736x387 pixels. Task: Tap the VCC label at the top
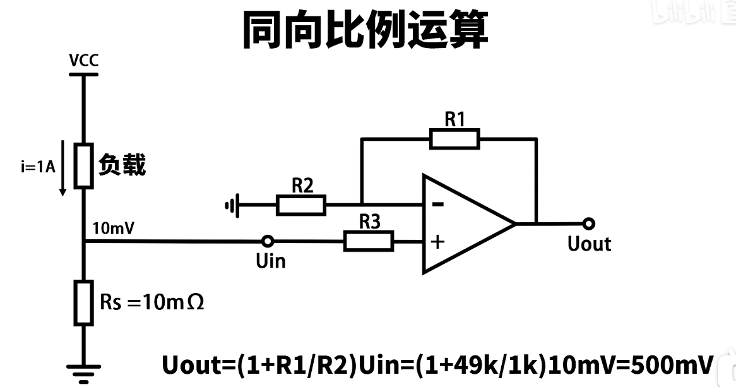(83, 61)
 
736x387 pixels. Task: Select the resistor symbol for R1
(454, 138)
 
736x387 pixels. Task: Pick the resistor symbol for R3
(368, 241)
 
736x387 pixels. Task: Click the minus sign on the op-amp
(437, 205)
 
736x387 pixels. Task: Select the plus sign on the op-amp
(437, 242)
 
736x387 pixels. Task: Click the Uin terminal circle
(268, 241)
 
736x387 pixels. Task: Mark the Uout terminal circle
(589, 223)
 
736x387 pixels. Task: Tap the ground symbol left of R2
(232, 205)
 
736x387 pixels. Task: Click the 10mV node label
(113, 229)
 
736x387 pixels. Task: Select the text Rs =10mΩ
(152, 302)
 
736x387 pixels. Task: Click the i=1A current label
(38, 167)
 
